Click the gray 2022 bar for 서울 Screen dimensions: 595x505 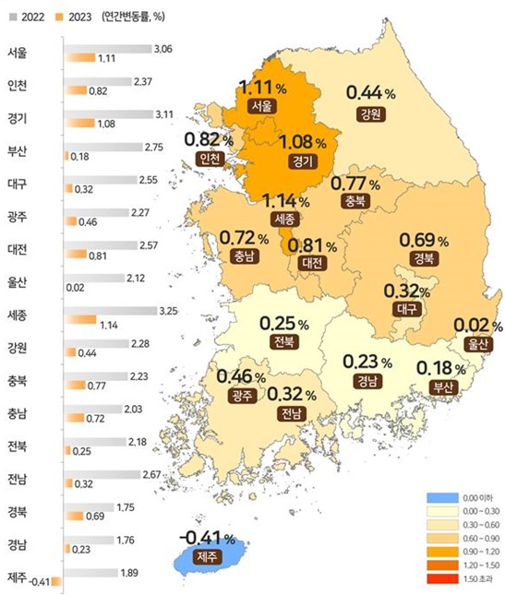coord(108,47)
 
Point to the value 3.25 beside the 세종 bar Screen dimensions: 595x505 coord(168,311)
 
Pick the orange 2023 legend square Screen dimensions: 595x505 coord(58,15)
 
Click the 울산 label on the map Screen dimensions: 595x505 coord(476,345)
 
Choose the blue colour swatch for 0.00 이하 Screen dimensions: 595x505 coord(439,499)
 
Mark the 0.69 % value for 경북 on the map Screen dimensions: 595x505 coord(423,240)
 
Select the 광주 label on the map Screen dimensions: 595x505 coord(241,396)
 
